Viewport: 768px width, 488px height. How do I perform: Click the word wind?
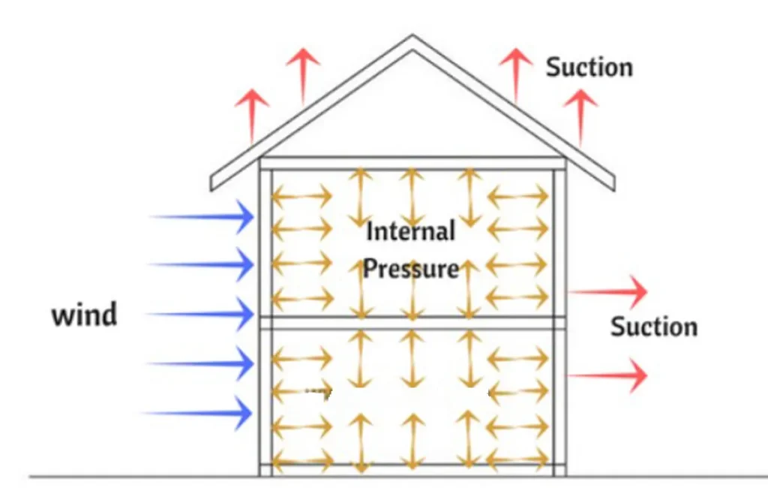tap(84, 315)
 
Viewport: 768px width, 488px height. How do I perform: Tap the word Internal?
tap(410, 231)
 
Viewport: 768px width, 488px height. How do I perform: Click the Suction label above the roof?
tap(589, 68)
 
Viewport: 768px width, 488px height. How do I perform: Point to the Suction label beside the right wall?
tap(653, 327)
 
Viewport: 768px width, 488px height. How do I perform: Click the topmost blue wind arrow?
tap(202, 217)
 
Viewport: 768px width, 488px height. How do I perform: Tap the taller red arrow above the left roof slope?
tap(303, 75)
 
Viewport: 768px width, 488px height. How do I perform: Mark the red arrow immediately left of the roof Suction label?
tap(516, 75)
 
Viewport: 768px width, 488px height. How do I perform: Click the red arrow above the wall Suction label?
tap(607, 291)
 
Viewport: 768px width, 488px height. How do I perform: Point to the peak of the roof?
tap(411, 41)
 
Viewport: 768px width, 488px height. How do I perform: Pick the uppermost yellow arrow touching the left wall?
tap(301, 197)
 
